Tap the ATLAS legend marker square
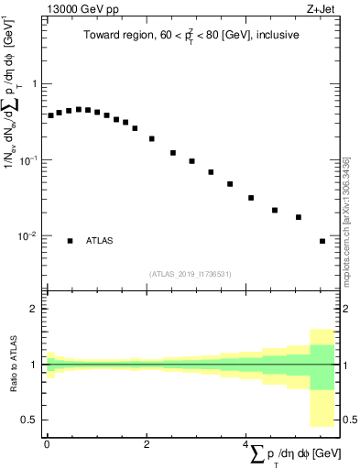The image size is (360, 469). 70,241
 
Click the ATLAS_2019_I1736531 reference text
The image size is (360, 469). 190,273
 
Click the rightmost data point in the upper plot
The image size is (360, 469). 322,241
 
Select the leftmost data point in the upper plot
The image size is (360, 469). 51,115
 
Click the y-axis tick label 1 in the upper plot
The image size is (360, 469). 35,84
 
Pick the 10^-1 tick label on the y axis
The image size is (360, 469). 29,159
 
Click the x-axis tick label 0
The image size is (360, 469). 47,444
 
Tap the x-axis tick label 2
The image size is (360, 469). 147,444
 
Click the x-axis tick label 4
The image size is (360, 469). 246,444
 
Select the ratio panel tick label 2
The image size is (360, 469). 35,309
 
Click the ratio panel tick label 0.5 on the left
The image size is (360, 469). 31,420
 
